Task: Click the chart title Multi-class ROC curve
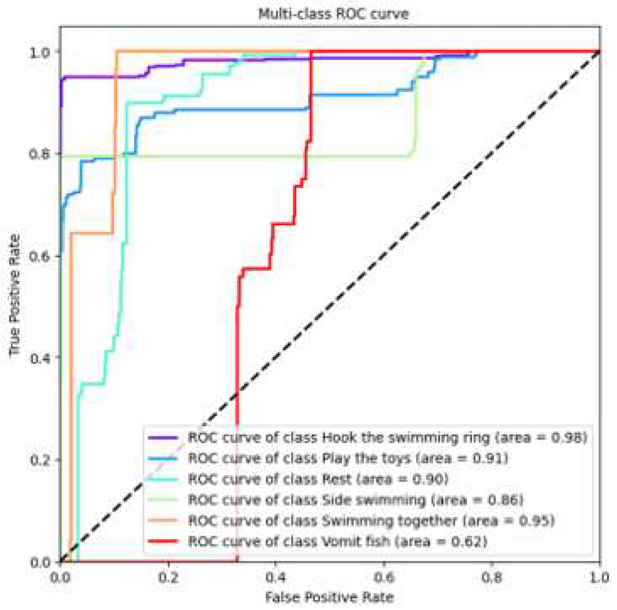[333, 14]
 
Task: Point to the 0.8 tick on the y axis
[40, 155]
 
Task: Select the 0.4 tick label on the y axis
[40, 358]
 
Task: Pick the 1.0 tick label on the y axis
[40, 52]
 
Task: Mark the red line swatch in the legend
[163, 541]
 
